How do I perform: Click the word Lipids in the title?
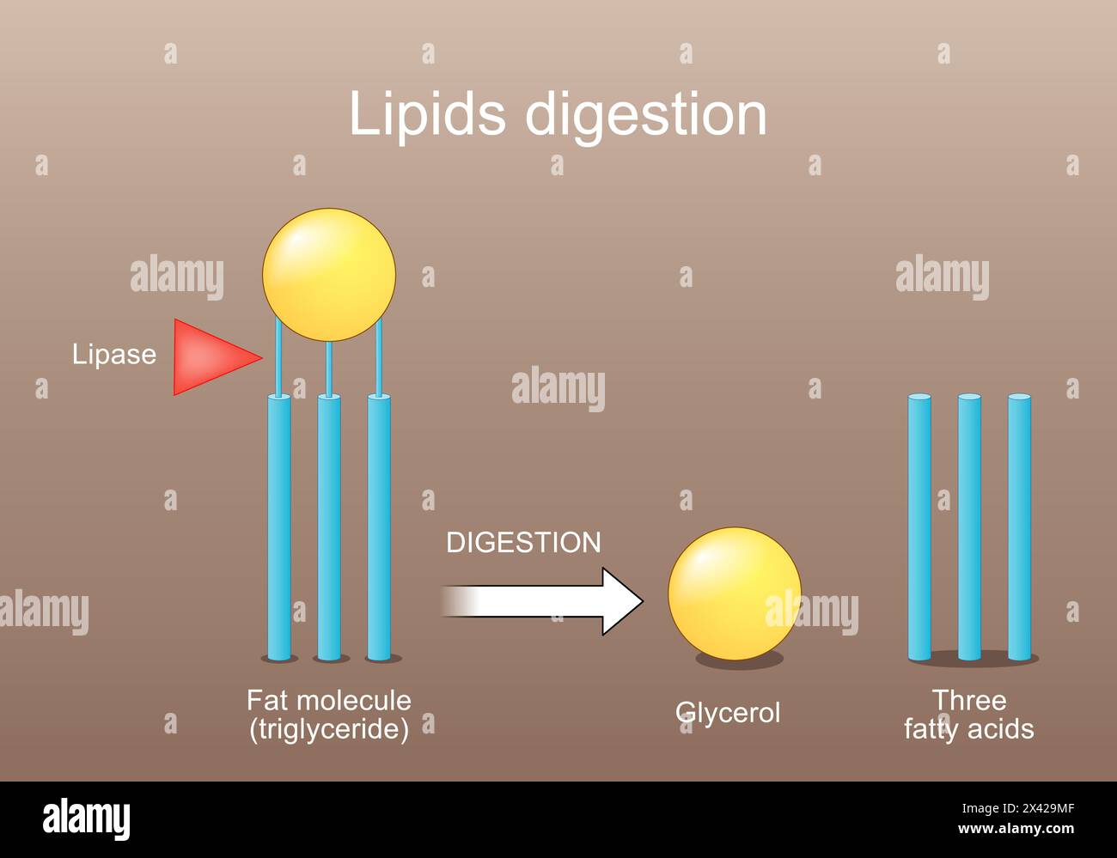click(426, 114)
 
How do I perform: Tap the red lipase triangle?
click(211, 356)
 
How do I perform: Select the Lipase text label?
click(113, 355)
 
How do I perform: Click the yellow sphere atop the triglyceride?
click(329, 275)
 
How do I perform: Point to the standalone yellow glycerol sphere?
click(734, 593)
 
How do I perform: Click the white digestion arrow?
click(550, 601)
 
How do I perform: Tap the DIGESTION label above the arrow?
click(523, 543)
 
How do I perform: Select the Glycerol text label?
click(728, 713)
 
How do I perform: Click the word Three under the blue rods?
click(969, 700)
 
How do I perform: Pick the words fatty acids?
click(969, 729)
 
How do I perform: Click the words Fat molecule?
click(329, 700)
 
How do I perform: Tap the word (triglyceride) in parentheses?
click(329, 729)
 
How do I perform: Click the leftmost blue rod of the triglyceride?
click(279, 528)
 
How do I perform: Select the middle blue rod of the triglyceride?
click(329, 528)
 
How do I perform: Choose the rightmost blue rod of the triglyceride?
click(379, 528)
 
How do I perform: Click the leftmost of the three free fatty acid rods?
click(919, 528)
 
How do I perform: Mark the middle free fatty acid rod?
click(969, 528)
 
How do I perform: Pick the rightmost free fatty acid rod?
click(1019, 528)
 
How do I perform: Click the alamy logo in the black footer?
click(86, 820)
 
